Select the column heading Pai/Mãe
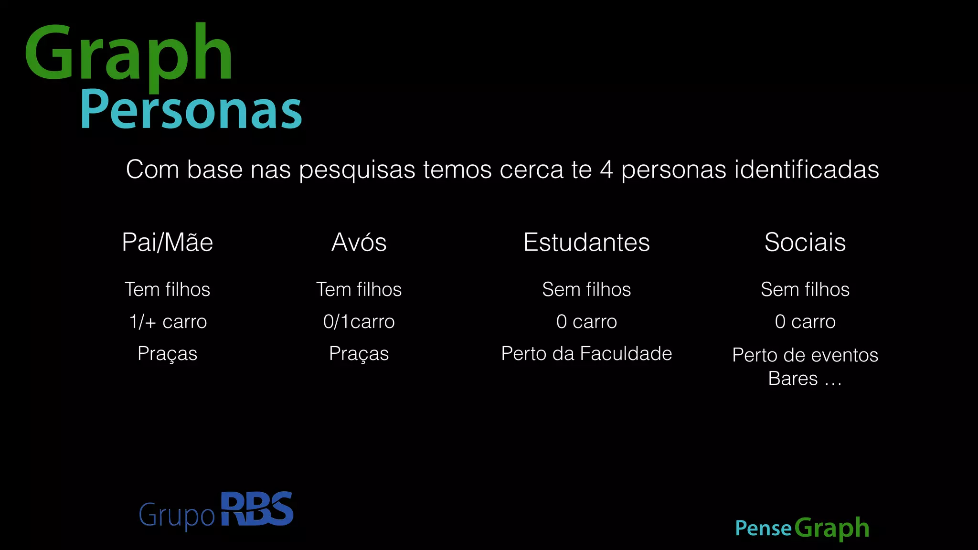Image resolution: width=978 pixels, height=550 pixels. [x=167, y=242]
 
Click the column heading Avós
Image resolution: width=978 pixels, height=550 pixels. [x=359, y=242]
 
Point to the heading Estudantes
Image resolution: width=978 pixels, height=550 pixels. [x=586, y=242]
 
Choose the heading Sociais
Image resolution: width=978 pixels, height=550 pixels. [x=805, y=242]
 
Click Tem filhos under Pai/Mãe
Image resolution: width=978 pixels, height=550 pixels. [x=167, y=289]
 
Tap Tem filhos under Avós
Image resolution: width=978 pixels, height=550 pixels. [x=359, y=289]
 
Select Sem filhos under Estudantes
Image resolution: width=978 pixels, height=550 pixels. [x=586, y=289]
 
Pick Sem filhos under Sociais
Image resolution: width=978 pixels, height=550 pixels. [x=805, y=289]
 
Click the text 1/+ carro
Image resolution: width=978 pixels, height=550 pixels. [x=168, y=322]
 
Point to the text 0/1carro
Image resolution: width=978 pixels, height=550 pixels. [x=359, y=322]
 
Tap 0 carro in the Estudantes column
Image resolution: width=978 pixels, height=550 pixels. [x=586, y=322]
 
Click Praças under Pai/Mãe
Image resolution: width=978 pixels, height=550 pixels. [x=167, y=354]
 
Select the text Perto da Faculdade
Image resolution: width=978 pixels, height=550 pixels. [x=586, y=354]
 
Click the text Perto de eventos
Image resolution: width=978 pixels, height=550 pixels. [x=805, y=355]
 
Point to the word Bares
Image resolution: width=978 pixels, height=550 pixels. [x=793, y=379]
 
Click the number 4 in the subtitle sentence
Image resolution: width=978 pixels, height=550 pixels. [x=606, y=169]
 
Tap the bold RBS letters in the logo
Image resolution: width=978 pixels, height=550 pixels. [x=257, y=509]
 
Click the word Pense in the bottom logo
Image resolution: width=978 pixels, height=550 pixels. [x=763, y=529]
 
